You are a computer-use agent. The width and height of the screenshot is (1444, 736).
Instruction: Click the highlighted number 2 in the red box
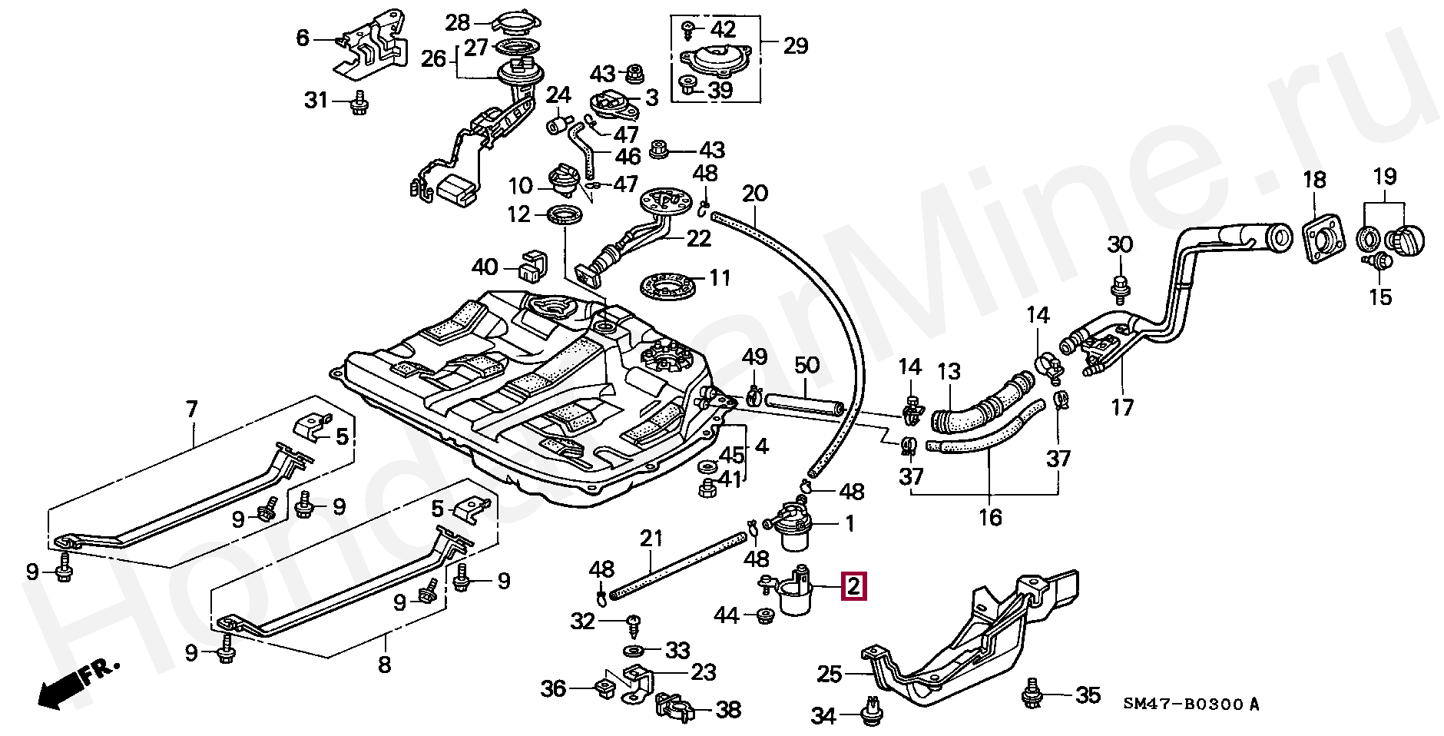(x=854, y=586)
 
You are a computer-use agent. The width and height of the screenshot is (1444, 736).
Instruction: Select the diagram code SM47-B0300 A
(x=1191, y=704)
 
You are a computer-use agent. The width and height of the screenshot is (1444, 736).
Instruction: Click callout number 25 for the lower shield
(x=830, y=675)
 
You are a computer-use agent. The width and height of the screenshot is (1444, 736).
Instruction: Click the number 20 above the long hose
(x=755, y=193)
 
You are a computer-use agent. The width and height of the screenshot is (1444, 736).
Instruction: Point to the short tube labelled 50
(x=804, y=403)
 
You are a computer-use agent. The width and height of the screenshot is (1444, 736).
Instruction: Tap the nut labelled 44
(x=764, y=615)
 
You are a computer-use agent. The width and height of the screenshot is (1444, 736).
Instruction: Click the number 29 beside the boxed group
(x=796, y=45)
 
